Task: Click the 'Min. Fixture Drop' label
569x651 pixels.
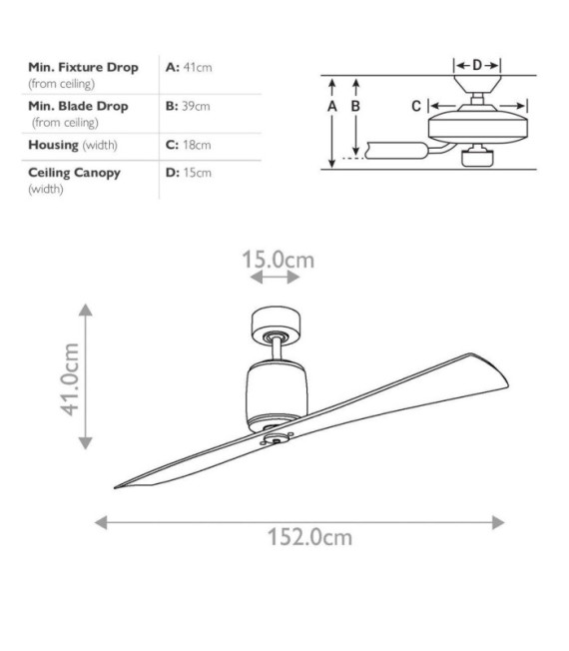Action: [x=83, y=67]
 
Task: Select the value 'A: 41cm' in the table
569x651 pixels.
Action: [x=189, y=67]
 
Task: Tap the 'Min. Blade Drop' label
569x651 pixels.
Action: [x=78, y=106]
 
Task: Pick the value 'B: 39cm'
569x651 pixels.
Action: [x=188, y=106]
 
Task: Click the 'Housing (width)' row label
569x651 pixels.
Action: [x=73, y=145]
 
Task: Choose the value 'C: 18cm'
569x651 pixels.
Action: [x=188, y=145]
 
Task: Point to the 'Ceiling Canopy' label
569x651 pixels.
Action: [x=74, y=173]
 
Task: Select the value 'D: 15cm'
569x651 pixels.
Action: [x=189, y=173]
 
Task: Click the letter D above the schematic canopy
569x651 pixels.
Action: [x=477, y=65]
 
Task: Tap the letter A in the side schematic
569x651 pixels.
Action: [x=332, y=107]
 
